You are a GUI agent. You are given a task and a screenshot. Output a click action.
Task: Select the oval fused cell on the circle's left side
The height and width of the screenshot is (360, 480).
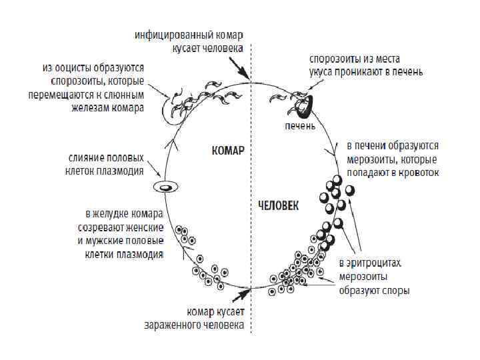click(x=165, y=187)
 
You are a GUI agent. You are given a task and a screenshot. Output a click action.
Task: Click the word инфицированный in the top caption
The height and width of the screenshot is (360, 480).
click(x=169, y=34)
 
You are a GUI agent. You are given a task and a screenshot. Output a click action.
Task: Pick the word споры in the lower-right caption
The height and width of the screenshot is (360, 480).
click(x=395, y=291)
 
